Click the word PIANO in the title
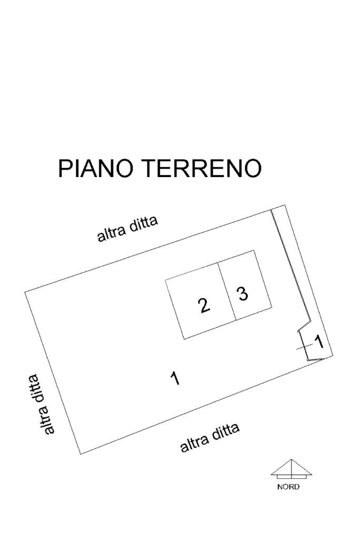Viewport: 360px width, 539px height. (97, 169)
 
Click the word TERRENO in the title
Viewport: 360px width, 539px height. (202, 169)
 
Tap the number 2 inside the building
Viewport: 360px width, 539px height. (204, 305)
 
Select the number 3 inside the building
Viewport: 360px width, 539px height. (242, 293)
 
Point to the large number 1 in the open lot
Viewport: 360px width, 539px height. (176, 378)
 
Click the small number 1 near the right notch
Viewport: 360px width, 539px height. (319, 342)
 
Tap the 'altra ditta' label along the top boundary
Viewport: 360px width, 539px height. (128, 229)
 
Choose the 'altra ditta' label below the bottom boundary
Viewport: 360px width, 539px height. (210, 438)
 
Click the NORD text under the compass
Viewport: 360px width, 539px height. (288, 487)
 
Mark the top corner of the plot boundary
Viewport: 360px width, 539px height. (285, 205)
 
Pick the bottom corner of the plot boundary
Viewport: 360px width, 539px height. (81, 454)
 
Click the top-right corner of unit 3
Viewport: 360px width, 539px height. (255, 250)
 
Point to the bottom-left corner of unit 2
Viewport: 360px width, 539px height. (183, 339)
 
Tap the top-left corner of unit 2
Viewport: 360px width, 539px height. (166, 280)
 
